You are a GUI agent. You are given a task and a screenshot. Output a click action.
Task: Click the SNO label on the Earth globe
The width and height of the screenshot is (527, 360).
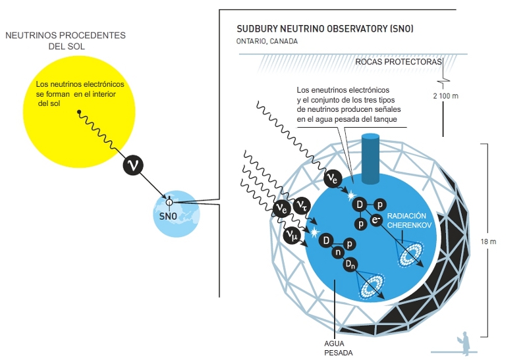(x=169, y=215)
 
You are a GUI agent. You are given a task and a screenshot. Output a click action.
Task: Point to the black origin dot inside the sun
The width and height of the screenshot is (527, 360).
(x=80, y=113)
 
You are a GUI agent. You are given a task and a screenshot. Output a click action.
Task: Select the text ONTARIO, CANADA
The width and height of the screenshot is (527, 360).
(x=267, y=41)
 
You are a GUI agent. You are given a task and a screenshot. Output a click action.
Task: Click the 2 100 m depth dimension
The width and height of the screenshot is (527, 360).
(x=445, y=96)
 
